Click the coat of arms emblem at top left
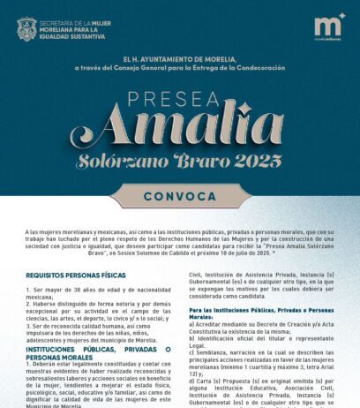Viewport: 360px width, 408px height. [x=26, y=28]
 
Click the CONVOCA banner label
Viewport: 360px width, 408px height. [x=179, y=195]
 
